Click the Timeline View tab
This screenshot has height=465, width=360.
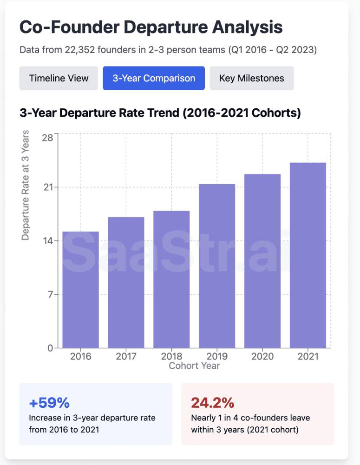(x=59, y=78)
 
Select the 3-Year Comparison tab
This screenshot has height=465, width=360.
(x=154, y=78)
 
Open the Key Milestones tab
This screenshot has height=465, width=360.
(x=251, y=78)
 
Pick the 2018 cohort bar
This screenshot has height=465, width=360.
(x=171, y=279)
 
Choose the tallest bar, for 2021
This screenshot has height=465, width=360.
(x=308, y=255)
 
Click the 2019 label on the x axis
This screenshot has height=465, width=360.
(x=217, y=357)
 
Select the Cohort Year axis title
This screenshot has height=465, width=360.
(x=194, y=365)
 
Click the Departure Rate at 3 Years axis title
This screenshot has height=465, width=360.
(x=26, y=185)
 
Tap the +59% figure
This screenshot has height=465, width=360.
(x=49, y=402)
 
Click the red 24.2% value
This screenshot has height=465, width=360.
(x=212, y=402)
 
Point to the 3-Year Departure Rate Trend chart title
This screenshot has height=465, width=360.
(x=160, y=113)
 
